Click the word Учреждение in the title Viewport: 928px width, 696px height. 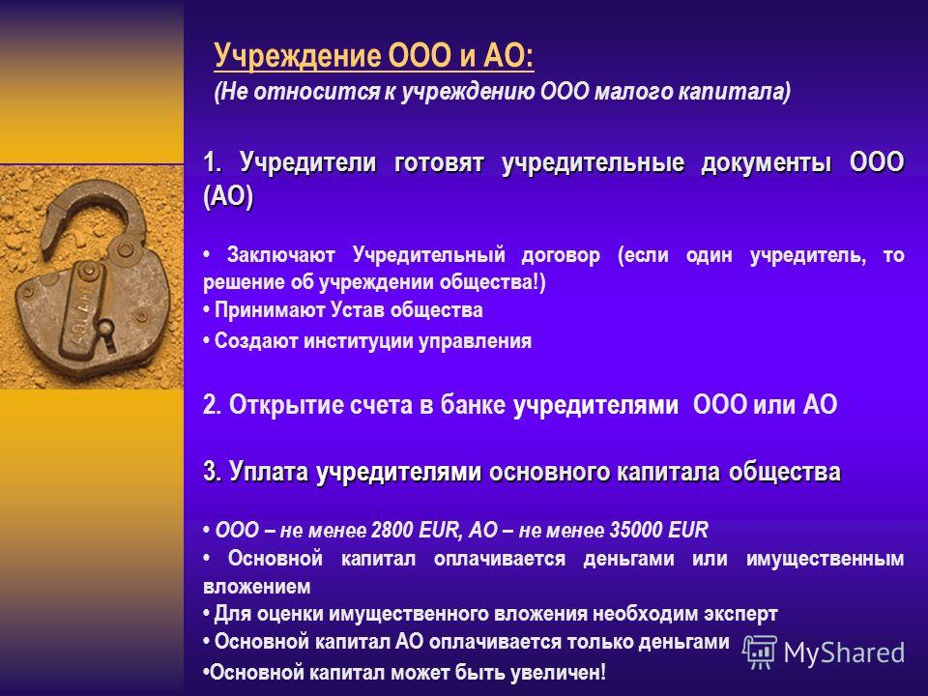298,56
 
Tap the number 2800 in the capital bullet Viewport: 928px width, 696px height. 391,530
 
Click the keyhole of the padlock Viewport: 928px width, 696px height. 106,329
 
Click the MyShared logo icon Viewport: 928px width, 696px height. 760,652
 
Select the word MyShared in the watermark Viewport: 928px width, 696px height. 844,653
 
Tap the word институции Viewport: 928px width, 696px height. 358,341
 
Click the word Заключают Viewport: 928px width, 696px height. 281,255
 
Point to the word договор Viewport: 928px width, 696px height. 561,255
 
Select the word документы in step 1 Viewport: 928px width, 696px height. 767,162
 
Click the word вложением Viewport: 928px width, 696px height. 257,587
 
